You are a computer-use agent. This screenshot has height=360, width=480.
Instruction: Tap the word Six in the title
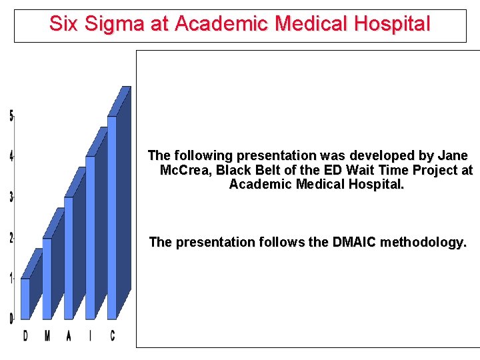[64, 25]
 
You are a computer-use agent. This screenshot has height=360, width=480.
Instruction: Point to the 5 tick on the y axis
[11, 116]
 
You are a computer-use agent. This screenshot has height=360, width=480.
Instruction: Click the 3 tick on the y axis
[11, 197]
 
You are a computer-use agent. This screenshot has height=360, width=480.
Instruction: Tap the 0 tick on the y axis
[11, 319]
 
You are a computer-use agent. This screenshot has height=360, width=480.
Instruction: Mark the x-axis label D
[25, 336]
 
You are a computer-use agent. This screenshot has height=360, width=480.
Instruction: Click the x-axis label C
[112, 336]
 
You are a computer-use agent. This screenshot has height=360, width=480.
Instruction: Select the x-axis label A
[68, 336]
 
